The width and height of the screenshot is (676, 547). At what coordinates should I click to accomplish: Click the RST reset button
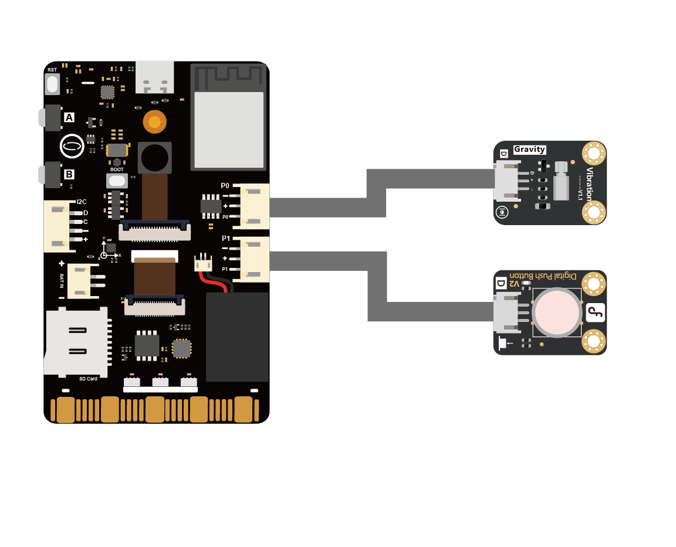click(53, 84)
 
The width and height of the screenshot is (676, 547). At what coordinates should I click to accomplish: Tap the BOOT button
click(117, 181)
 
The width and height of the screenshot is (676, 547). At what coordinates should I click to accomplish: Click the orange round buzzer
click(155, 122)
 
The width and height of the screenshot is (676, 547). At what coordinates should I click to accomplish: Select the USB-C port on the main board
click(155, 77)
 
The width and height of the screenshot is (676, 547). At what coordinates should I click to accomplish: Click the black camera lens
click(155, 158)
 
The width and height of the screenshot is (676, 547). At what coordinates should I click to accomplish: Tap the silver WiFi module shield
click(229, 130)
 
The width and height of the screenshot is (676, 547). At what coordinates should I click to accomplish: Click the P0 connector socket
click(254, 206)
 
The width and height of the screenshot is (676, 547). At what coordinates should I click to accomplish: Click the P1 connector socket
click(254, 259)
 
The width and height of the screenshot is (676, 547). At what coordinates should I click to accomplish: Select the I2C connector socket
click(57, 226)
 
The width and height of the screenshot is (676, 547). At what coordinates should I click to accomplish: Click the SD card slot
click(76, 342)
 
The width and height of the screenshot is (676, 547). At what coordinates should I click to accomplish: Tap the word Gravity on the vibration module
click(530, 150)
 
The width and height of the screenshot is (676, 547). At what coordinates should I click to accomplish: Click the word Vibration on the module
click(589, 184)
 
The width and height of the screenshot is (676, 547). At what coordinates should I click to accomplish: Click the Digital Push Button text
click(543, 276)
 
